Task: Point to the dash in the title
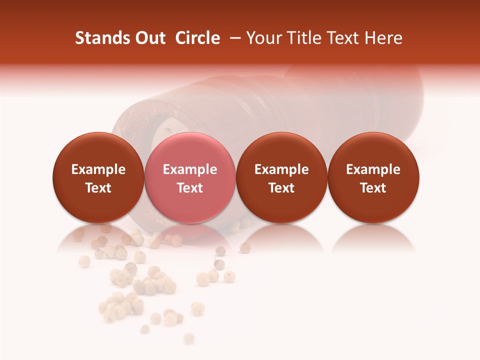click(x=233, y=38)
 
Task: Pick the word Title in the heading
click(x=306, y=38)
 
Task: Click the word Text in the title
click(x=344, y=38)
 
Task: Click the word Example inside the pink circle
click(x=190, y=170)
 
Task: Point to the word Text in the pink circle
click(x=190, y=188)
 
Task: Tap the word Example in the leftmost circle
click(x=98, y=170)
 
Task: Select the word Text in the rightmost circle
click(x=373, y=188)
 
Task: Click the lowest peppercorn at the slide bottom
click(x=188, y=338)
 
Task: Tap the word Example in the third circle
click(x=281, y=170)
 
